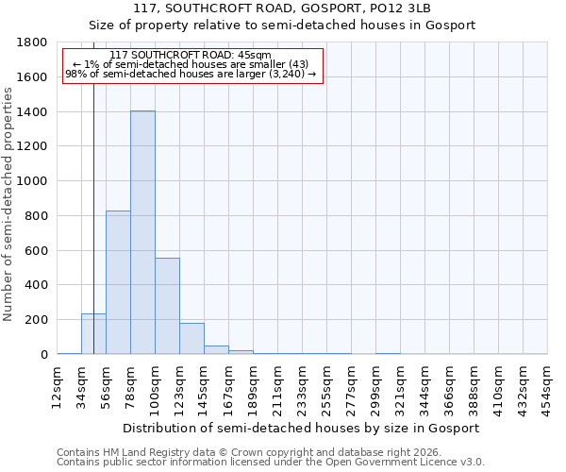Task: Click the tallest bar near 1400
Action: [142, 232]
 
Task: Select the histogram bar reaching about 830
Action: [118, 282]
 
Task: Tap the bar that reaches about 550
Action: [167, 306]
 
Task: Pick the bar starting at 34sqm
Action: [93, 334]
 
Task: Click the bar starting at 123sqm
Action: [191, 339]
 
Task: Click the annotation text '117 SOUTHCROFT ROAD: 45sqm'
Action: [190, 56]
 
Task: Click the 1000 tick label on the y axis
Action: [35, 181]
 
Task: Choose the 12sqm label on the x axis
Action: [57, 384]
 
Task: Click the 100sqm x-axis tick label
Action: [155, 387]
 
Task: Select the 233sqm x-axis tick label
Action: [302, 387]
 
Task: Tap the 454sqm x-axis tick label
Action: [547, 387]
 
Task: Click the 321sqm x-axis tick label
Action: [400, 387]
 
